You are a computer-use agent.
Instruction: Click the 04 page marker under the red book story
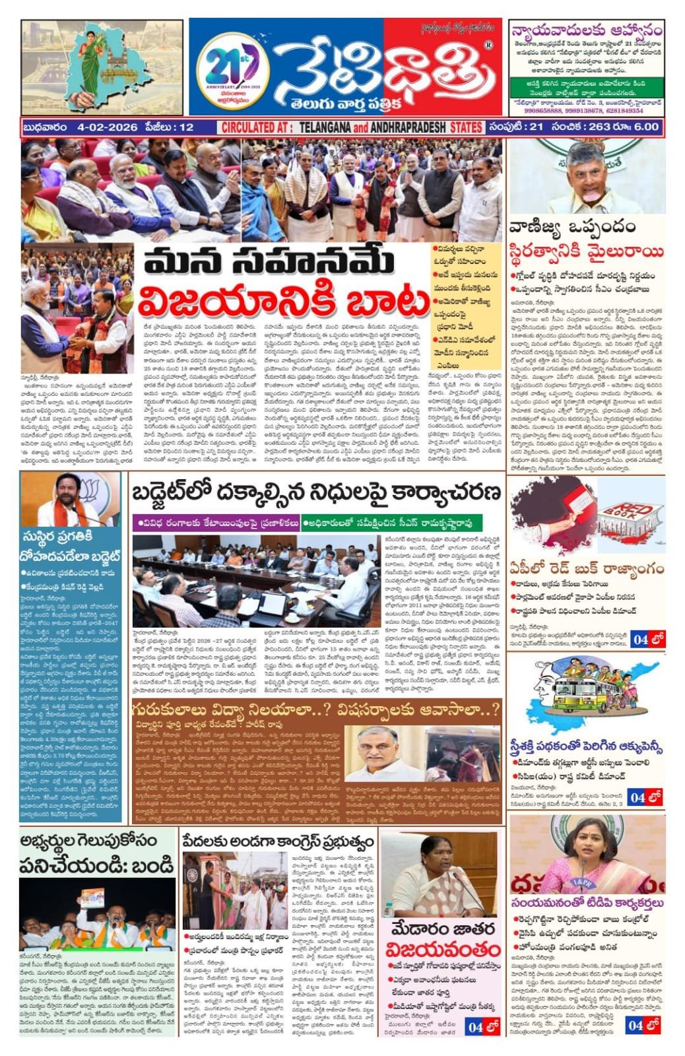[647, 639]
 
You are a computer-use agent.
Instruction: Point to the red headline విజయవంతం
[443, 949]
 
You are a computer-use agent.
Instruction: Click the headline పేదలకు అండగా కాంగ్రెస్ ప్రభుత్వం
[278, 842]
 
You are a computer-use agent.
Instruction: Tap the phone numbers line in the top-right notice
[585, 110]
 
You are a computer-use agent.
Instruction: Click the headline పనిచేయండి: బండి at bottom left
[97, 864]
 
